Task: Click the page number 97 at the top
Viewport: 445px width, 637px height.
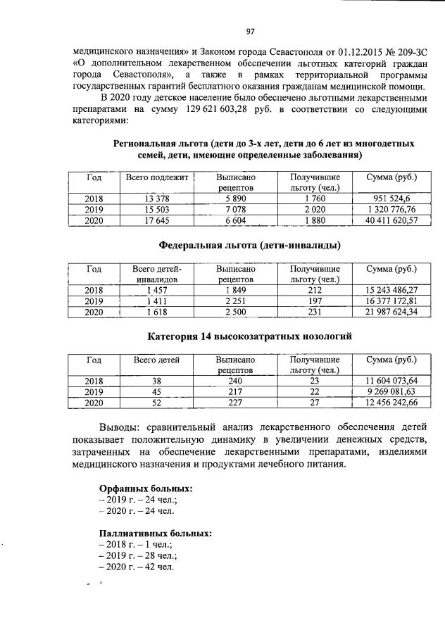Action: tap(249, 31)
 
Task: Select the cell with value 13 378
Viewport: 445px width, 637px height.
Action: tap(156, 198)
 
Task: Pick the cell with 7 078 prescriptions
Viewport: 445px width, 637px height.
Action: tap(235, 210)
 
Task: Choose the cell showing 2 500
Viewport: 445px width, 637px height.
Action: tap(235, 312)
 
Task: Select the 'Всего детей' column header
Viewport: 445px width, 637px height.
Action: tap(156, 360)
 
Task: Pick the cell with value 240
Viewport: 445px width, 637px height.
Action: tap(235, 381)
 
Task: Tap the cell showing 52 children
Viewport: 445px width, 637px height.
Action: tap(156, 403)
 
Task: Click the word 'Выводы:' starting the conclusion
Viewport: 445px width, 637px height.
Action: tap(123, 427)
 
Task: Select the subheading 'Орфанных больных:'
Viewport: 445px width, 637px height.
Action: tap(146, 487)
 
